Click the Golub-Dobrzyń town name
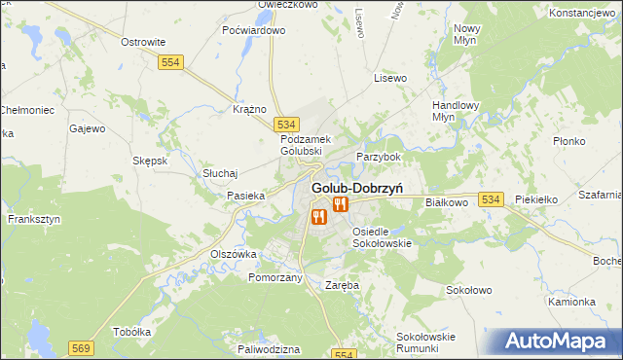(x=358, y=187)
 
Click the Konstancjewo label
(x=584, y=13)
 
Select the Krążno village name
(x=250, y=109)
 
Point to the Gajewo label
(x=88, y=127)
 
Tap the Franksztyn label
(x=34, y=219)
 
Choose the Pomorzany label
(x=275, y=277)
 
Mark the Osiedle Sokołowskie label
(x=383, y=237)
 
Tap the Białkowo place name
(x=448, y=202)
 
